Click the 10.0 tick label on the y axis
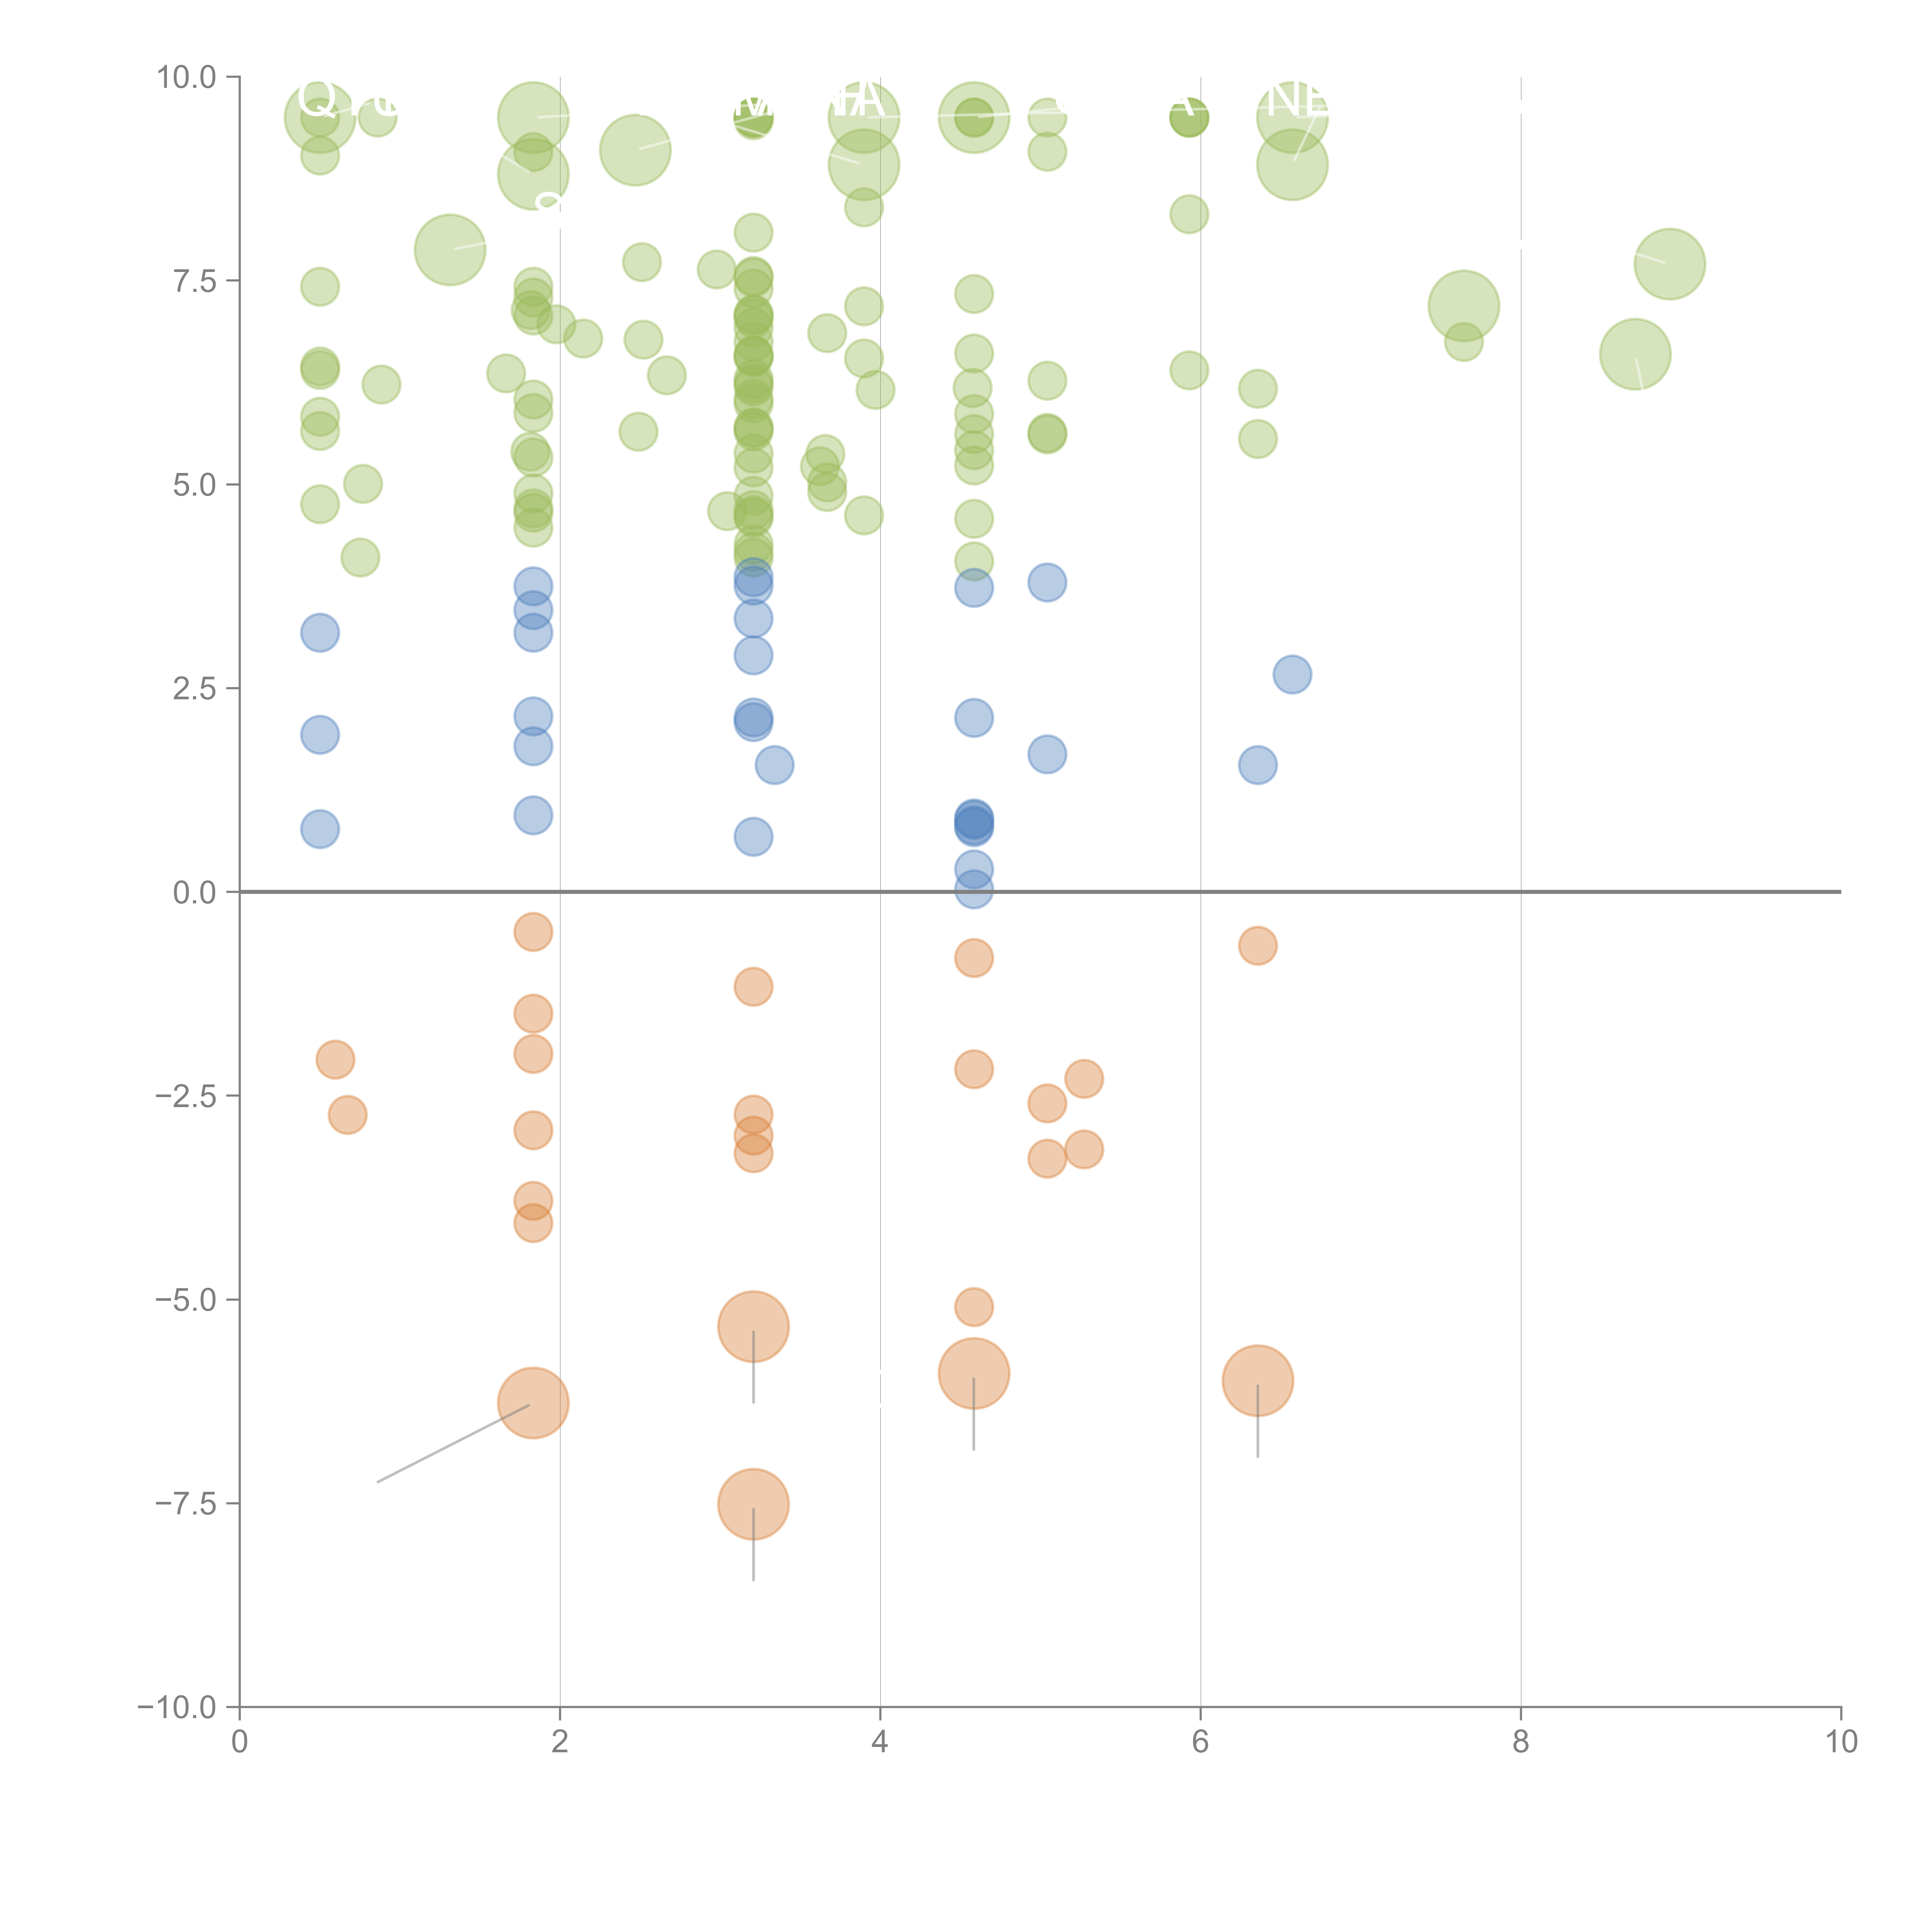click(187, 77)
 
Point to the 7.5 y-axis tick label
click(194, 281)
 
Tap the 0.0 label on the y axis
click(194, 893)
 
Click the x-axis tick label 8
click(1521, 1742)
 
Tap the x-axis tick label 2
click(560, 1742)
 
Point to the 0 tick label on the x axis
click(239, 1742)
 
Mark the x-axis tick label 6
click(1200, 1742)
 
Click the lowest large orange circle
click(753, 1504)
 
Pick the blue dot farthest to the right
click(1292, 675)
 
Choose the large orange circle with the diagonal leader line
click(533, 1403)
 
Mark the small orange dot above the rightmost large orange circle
click(1258, 946)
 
